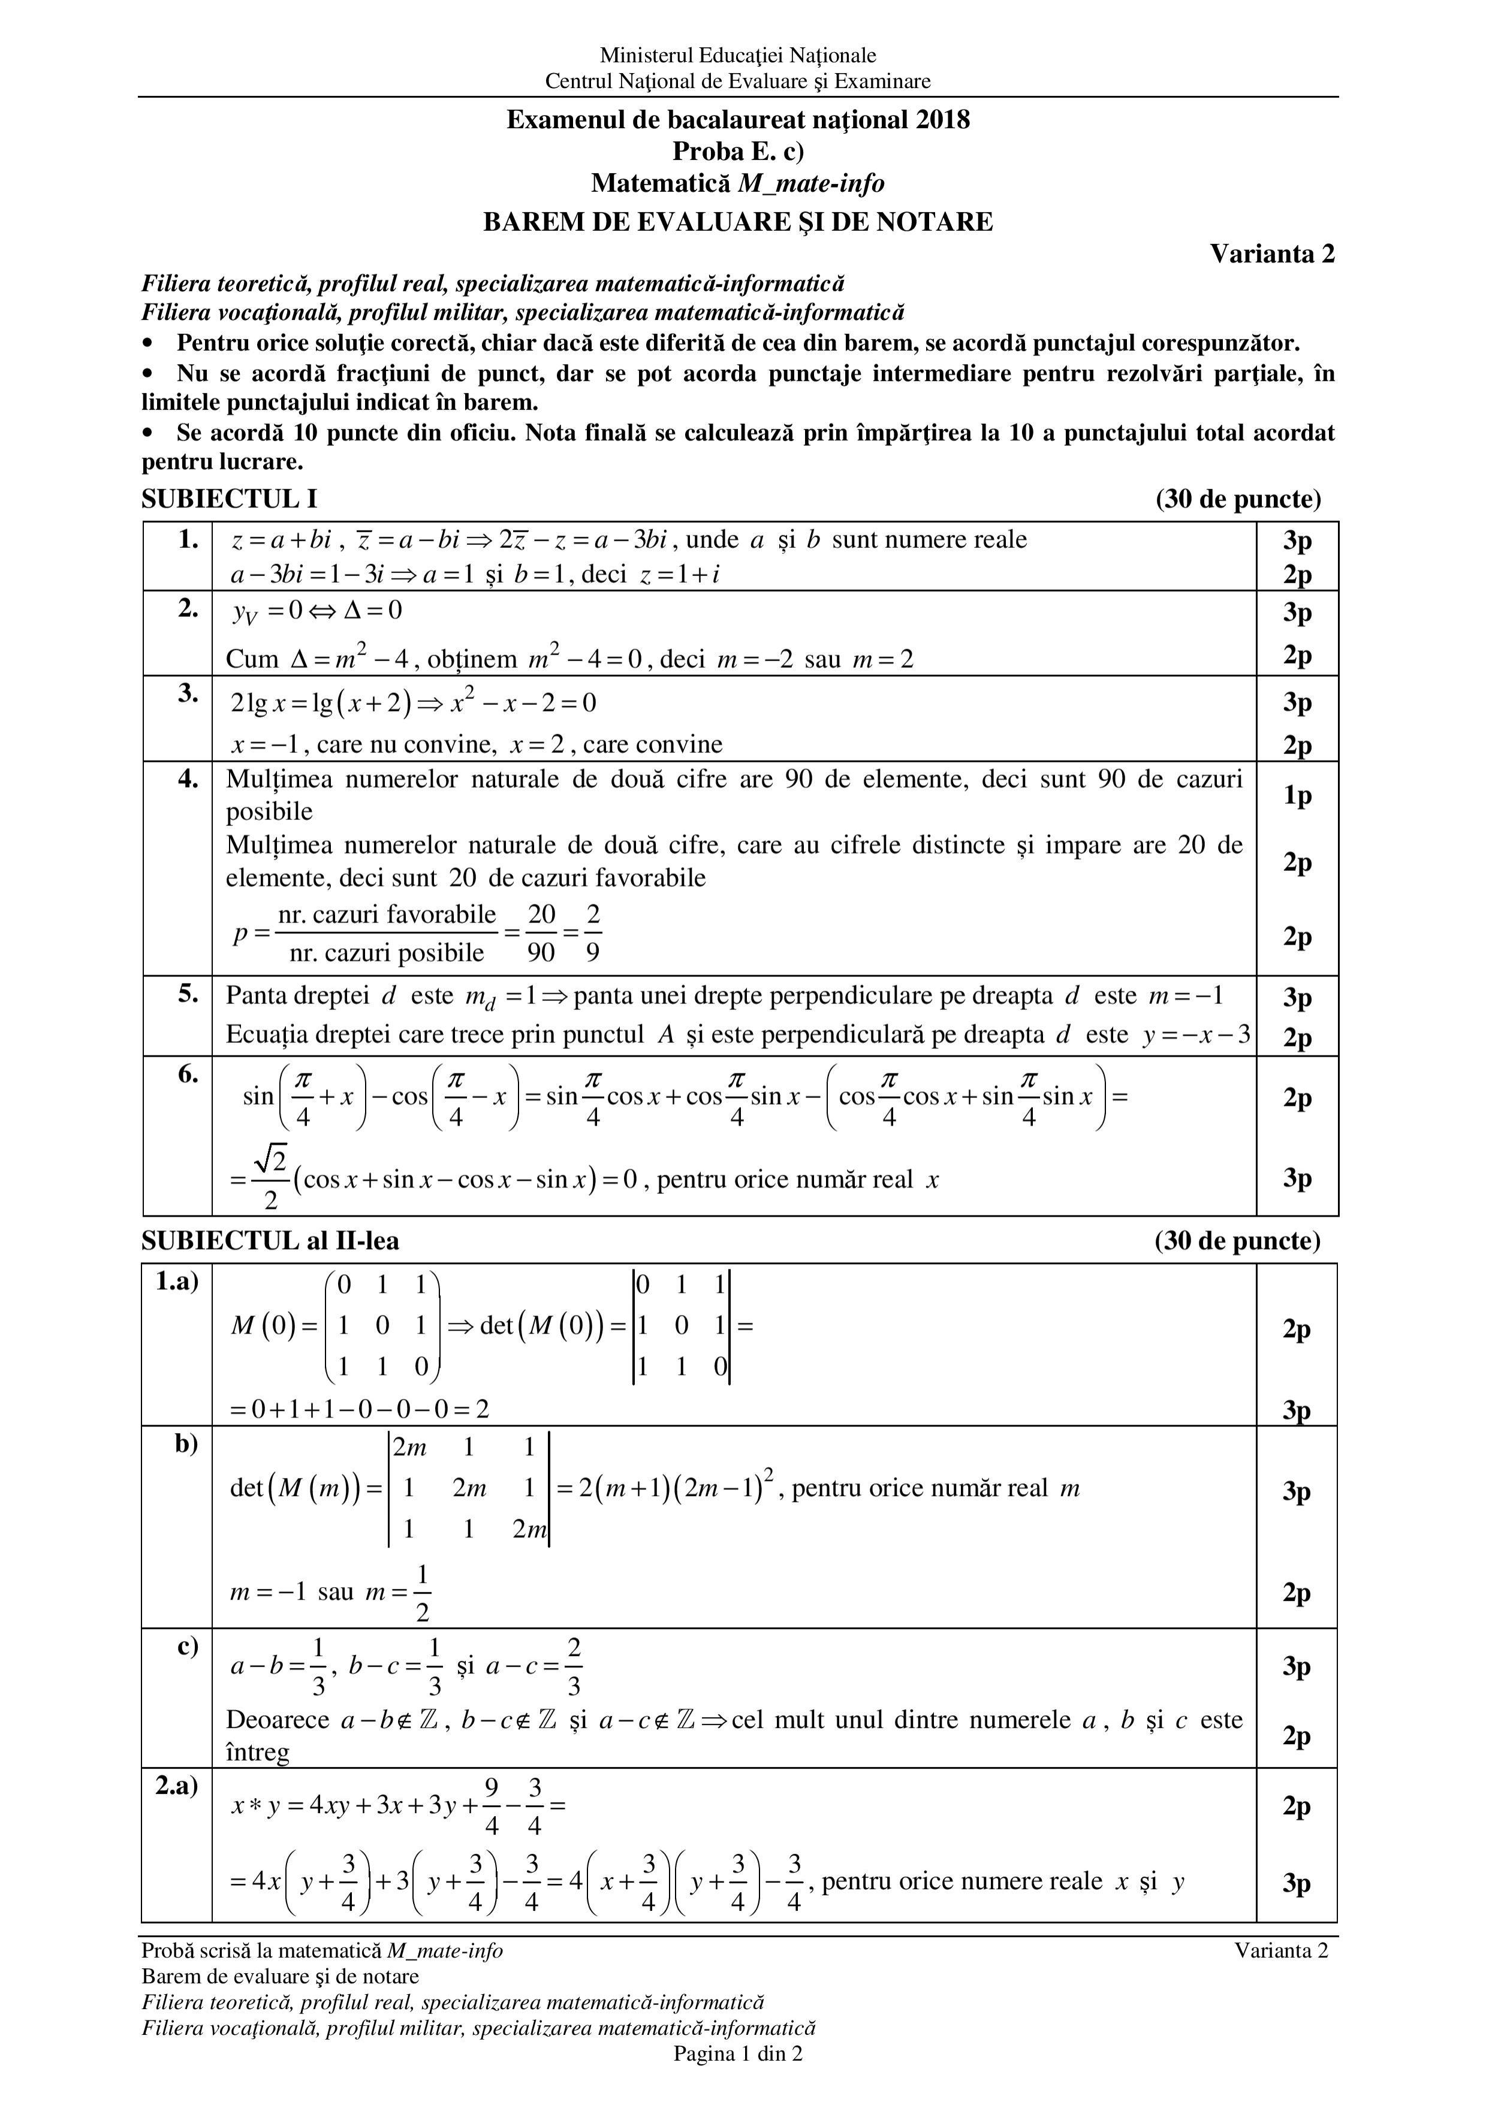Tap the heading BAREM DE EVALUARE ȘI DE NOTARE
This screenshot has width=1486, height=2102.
tap(738, 222)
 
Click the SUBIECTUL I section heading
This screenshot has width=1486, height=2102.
tap(229, 499)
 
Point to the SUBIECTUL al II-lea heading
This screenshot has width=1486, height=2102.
tap(270, 1241)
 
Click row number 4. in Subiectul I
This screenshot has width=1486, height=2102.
tap(187, 780)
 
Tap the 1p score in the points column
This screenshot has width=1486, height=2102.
tap(1297, 795)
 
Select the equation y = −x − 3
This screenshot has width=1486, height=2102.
tap(1196, 1036)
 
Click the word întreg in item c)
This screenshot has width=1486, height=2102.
tap(258, 1753)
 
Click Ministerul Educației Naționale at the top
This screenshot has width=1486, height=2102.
tap(738, 56)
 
